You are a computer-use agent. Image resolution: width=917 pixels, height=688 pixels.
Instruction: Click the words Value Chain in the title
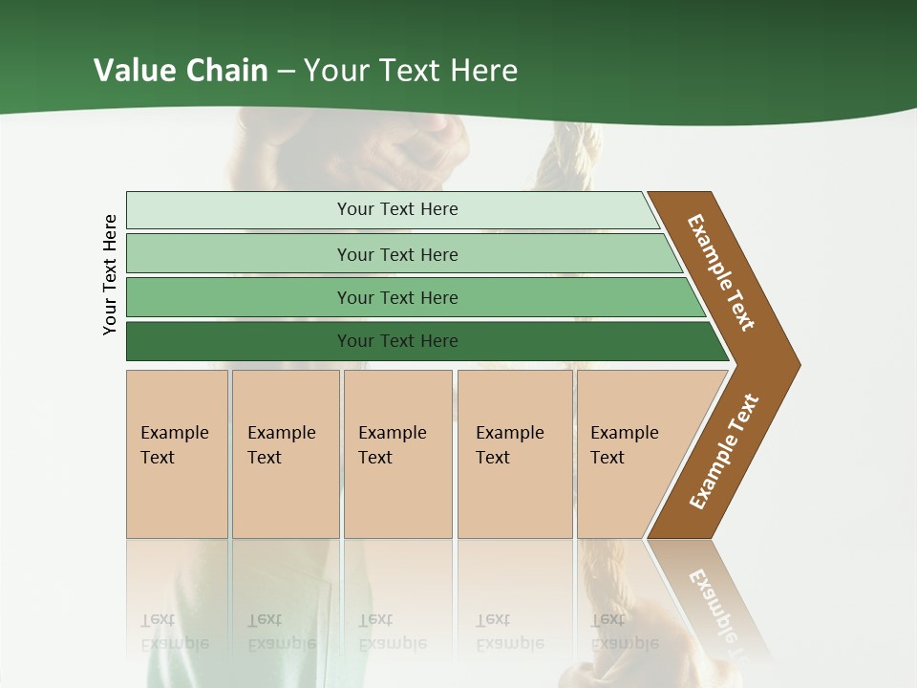181,71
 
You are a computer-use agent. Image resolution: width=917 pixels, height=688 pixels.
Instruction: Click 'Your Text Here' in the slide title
411,71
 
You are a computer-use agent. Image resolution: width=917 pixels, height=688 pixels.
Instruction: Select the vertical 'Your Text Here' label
110,274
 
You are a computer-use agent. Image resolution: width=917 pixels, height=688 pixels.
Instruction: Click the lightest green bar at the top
396,209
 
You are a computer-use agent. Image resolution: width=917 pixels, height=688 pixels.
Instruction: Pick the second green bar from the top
396,254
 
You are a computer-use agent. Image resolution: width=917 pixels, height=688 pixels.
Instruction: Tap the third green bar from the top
396,297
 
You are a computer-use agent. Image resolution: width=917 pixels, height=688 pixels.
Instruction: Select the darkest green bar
396,341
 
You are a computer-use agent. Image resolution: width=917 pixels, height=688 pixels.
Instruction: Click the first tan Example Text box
177,454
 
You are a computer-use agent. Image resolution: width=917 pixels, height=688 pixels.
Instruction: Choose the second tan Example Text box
285,454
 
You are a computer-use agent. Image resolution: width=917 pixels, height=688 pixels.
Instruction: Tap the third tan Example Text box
396,454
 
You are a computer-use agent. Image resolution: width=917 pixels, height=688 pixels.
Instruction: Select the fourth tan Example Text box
514,454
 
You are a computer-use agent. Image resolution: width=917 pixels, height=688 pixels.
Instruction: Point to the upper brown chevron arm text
721,272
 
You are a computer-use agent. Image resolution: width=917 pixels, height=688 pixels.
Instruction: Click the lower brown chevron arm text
723,452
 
